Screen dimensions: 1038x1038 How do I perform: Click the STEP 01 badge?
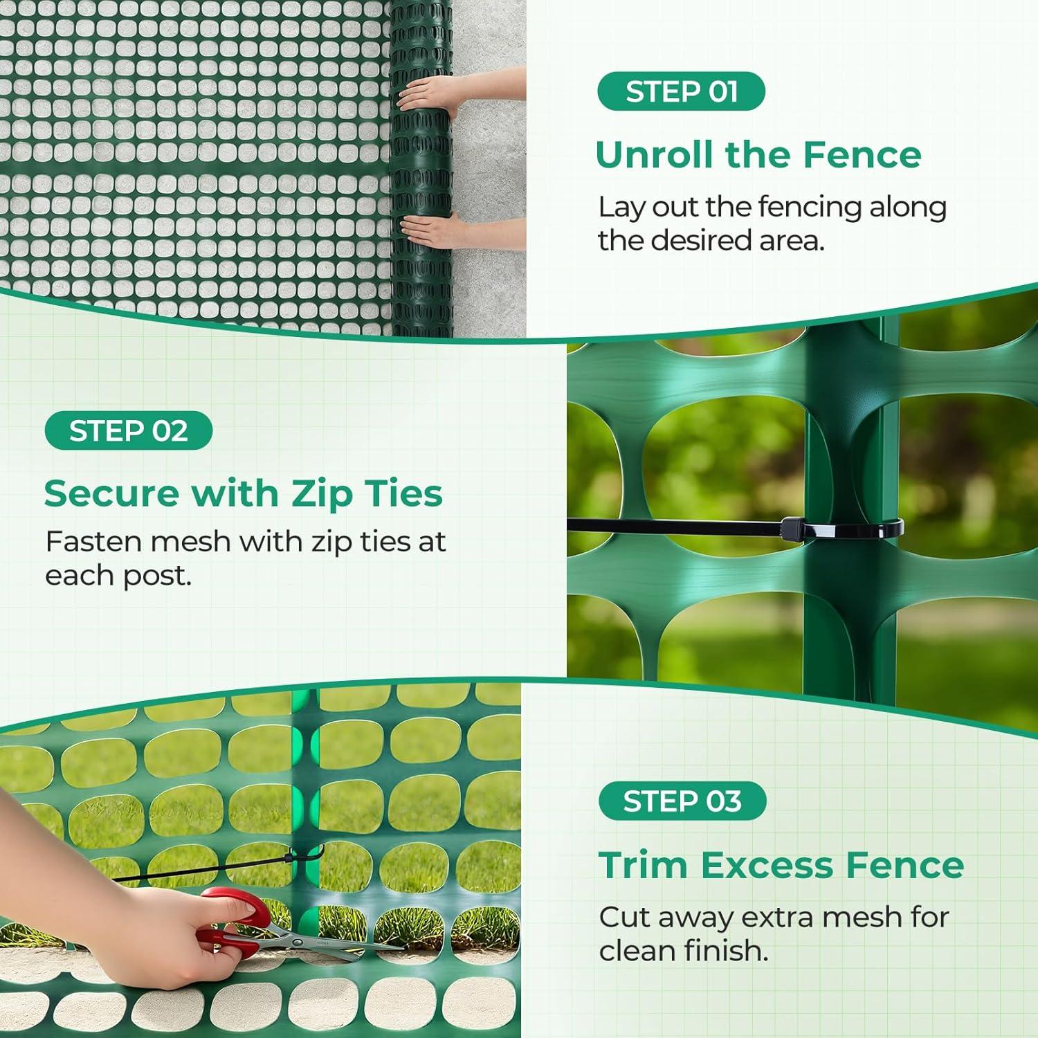pyautogui.click(x=681, y=91)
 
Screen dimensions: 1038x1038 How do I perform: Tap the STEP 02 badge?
pyautogui.click(x=128, y=430)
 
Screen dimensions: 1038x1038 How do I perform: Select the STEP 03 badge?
pyautogui.click(x=682, y=801)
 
